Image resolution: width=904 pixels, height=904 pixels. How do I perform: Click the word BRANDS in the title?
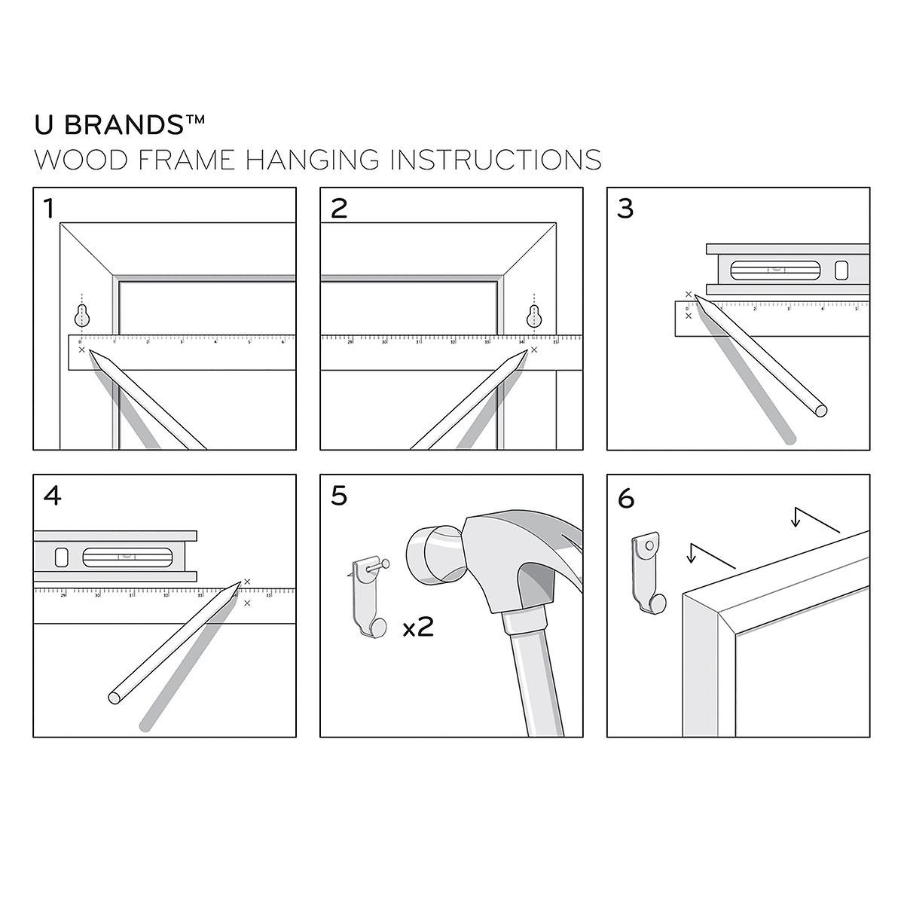[133, 124]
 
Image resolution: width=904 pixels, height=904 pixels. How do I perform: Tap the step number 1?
[49, 208]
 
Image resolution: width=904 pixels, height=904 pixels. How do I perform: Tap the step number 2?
[339, 208]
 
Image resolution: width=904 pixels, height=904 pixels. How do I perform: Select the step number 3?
[625, 208]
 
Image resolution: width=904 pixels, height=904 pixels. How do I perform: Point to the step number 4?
[53, 496]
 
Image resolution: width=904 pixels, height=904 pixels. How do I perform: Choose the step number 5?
[339, 496]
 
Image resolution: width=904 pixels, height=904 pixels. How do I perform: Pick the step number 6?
[626, 498]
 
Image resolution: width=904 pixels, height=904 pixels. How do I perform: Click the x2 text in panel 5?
[418, 627]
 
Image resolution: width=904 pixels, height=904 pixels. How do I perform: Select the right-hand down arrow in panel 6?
[796, 518]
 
